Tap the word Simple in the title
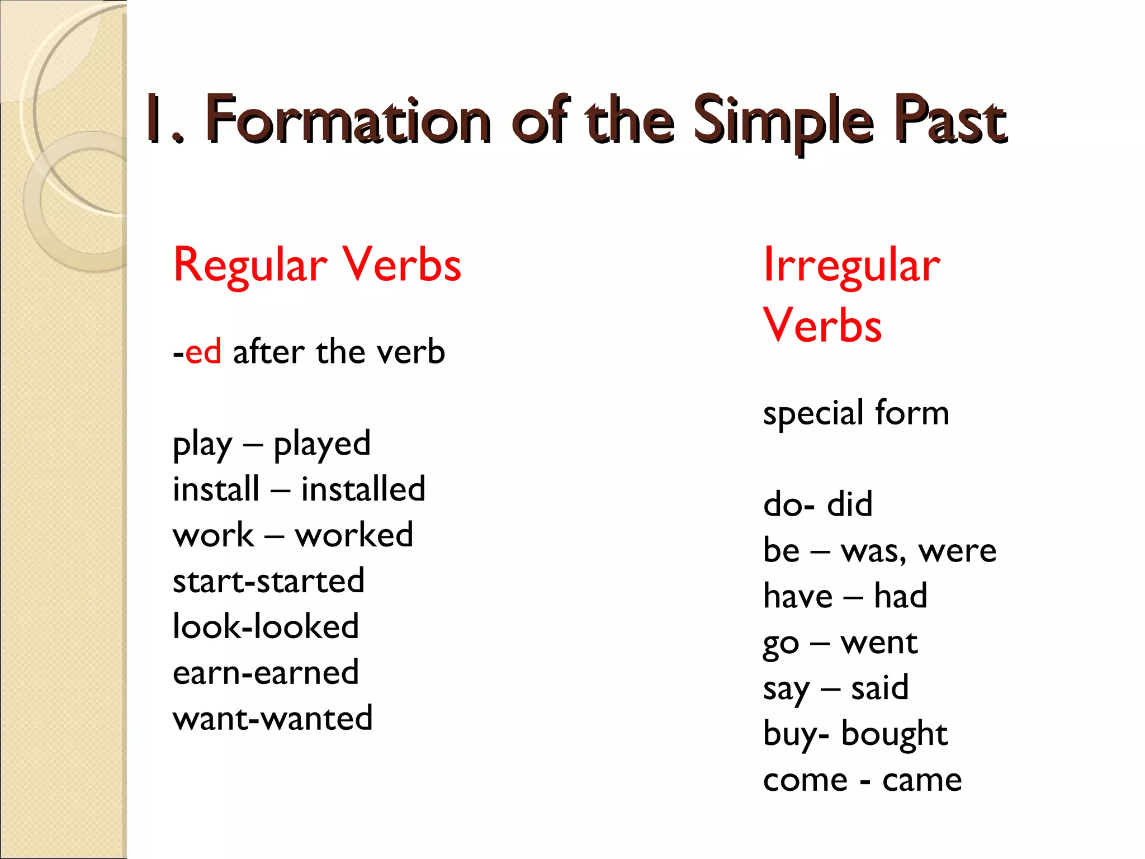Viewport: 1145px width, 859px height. click(x=783, y=120)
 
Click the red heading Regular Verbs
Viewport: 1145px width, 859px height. click(x=317, y=265)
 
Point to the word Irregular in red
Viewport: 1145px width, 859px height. click(x=851, y=265)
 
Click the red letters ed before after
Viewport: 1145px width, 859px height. click(x=203, y=352)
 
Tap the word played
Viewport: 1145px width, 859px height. click(x=322, y=444)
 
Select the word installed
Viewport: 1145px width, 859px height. click(x=363, y=489)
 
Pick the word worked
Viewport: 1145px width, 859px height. click(x=354, y=535)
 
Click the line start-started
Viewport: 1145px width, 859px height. click(x=268, y=580)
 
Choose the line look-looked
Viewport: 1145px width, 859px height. click(x=266, y=626)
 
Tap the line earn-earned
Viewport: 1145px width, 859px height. click(x=266, y=672)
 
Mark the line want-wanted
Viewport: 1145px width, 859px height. click(x=272, y=718)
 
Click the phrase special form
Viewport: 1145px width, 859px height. click(x=856, y=413)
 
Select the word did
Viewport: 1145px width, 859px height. click(x=849, y=504)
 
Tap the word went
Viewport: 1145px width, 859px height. click(x=879, y=642)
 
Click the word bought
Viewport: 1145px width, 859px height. click(x=895, y=734)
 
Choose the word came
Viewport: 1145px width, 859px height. click(x=922, y=780)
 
